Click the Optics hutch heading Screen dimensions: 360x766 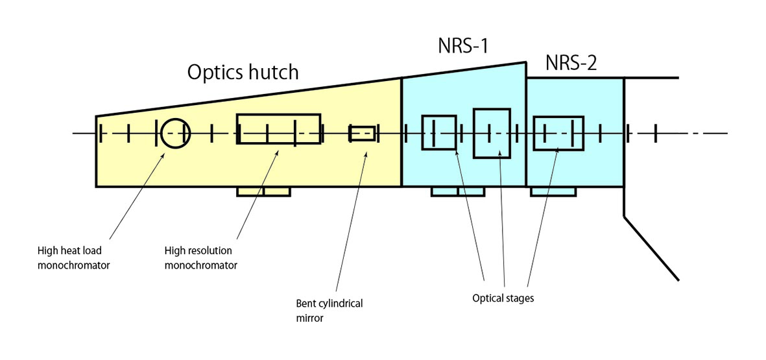click(x=243, y=71)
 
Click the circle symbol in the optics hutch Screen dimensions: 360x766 click(x=175, y=134)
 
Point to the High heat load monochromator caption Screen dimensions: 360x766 click(x=73, y=258)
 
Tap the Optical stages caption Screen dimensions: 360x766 click(x=502, y=298)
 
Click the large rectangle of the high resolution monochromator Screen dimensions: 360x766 click(x=278, y=128)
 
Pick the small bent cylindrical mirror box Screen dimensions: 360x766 click(x=362, y=133)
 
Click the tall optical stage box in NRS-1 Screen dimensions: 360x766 click(x=492, y=133)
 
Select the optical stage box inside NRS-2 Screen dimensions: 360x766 click(x=558, y=133)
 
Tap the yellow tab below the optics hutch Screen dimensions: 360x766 click(x=263, y=191)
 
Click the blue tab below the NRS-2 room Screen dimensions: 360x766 click(x=553, y=191)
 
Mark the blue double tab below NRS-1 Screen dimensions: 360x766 click(x=457, y=191)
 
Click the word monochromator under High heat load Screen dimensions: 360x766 click(x=73, y=264)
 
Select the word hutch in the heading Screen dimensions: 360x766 click(x=272, y=71)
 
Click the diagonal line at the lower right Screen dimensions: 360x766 click(x=651, y=248)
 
